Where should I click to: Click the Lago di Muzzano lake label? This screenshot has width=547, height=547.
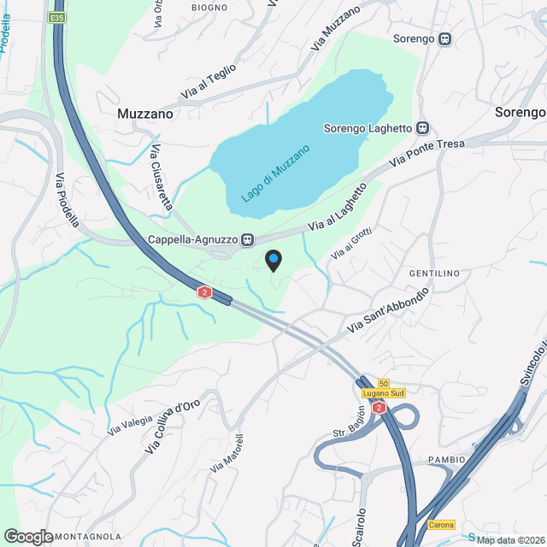(275, 174)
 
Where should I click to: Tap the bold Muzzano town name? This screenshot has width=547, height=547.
(144, 113)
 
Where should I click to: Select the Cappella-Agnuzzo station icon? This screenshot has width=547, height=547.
(247, 240)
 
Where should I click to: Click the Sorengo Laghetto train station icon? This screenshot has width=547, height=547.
(422, 128)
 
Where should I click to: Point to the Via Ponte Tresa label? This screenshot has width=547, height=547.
(426, 153)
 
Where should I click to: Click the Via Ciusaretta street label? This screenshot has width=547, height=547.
(162, 177)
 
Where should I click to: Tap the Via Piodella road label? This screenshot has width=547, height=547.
(68, 200)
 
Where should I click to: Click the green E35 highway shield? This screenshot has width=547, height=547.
(57, 16)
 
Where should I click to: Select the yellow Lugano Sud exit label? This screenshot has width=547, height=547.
(382, 392)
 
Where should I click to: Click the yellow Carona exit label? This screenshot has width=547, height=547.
(442, 524)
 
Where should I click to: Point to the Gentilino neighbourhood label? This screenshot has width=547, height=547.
(435, 273)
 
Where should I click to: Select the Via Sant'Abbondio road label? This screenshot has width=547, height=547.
(388, 310)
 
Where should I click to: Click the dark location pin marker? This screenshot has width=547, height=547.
(273, 260)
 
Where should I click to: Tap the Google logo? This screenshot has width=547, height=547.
(28, 536)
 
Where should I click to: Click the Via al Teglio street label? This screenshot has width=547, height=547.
(208, 83)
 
